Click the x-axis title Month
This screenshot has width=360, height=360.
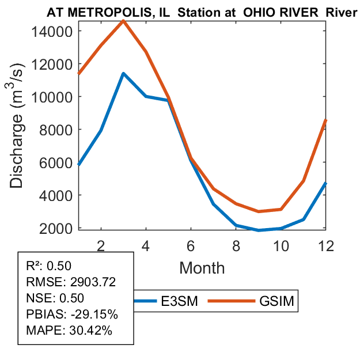coord(202,267)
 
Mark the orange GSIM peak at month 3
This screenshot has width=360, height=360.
coord(123,21)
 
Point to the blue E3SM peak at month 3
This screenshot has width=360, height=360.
coord(123,74)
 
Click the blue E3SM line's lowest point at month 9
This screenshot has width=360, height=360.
coord(258,230)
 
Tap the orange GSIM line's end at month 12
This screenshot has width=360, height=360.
coord(325,120)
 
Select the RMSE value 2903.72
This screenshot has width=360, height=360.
coord(93,282)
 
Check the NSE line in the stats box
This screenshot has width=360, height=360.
coord(55,298)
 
